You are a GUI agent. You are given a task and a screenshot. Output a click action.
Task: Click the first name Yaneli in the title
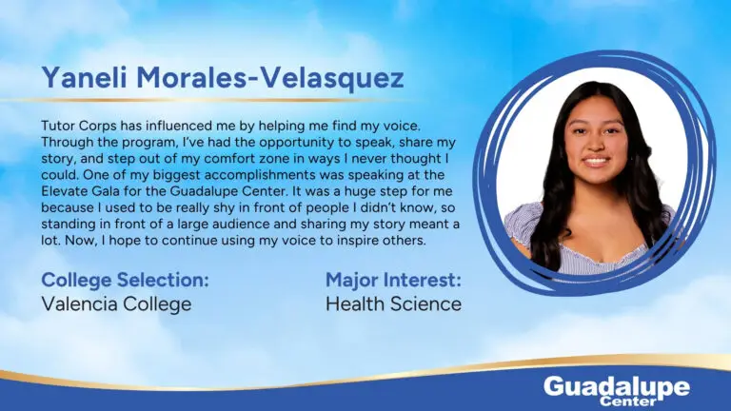(x=84, y=77)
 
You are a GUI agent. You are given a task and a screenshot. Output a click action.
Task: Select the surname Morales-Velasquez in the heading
(x=270, y=77)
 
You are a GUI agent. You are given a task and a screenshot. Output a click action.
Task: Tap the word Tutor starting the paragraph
(x=57, y=126)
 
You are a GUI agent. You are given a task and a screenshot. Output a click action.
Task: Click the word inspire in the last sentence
(x=355, y=241)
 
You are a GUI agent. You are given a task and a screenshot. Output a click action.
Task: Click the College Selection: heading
(x=125, y=280)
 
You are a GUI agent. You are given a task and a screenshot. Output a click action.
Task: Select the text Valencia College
(x=116, y=304)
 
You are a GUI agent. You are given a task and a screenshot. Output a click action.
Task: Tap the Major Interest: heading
(x=393, y=280)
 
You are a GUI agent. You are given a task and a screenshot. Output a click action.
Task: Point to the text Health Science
(x=393, y=304)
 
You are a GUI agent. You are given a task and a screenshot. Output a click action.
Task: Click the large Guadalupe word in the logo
(x=617, y=388)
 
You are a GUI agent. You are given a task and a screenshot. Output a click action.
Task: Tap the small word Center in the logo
(x=628, y=401)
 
